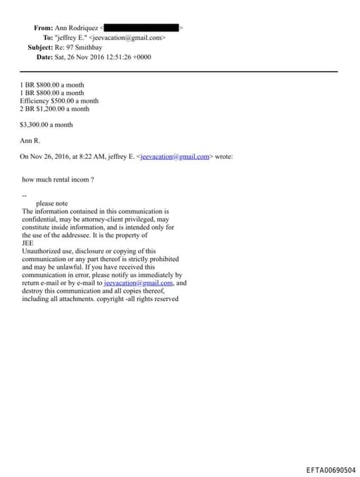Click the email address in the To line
point(127,37)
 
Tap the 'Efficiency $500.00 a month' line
point(59,101)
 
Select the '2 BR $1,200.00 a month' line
point(54,109)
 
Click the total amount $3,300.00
point(39,125)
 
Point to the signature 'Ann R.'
point(32,141)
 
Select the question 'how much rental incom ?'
point(58,179)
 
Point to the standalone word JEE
point(28,243)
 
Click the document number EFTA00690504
point(331,470)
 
